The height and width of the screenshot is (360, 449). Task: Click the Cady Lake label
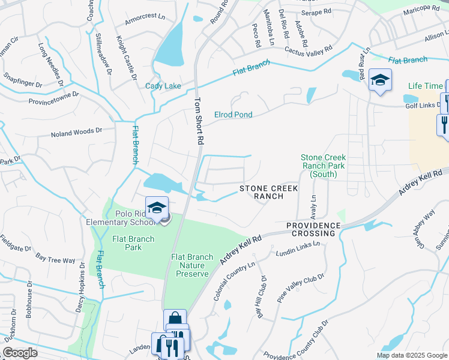tap(163, 86)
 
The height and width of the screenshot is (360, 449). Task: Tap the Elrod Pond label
tap(234, 115)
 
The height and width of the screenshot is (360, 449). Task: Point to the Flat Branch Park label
tap(133, 243)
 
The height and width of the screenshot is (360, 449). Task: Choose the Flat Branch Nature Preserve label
tap(192, 265)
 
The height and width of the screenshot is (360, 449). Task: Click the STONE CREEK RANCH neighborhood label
tap(268, 192)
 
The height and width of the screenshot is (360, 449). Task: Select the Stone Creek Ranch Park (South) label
tap(324, 166)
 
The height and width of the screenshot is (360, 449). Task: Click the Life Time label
tap(425, 86)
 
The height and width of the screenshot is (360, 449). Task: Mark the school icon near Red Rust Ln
tap(380, 80)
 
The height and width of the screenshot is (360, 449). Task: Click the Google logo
tap(20, 352)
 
